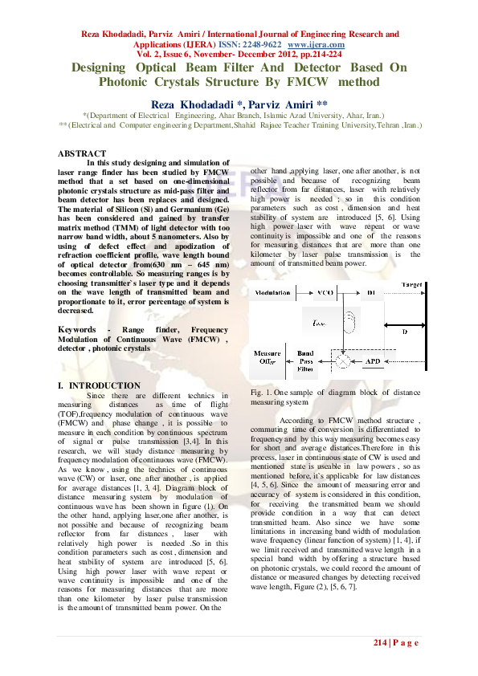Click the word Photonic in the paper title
click(130, 81)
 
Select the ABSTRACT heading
click(82, 153)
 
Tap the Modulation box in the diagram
click(273, 294)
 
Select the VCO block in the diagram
click(327, 294)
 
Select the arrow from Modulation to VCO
click(304, 294)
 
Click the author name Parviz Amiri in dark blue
click(268, 104)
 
